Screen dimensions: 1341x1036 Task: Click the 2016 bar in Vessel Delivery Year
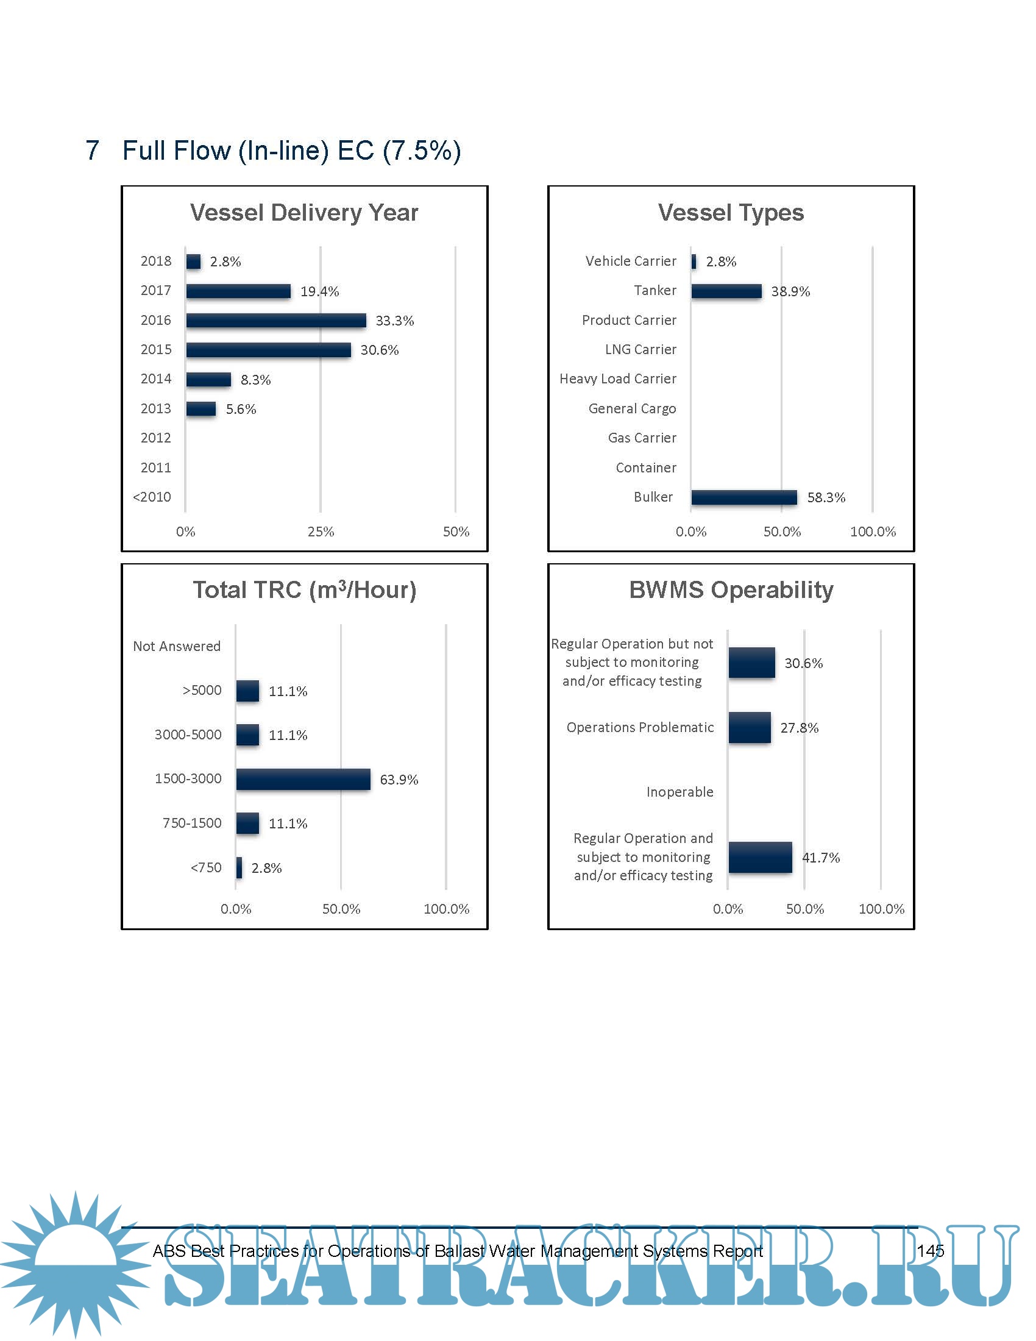(x=276, y=321)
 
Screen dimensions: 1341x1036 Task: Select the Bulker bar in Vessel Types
(x=744, y=497)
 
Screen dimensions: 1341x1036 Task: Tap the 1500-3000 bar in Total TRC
(x=303, y=779)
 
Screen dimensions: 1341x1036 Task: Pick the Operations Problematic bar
(x=750, y=728)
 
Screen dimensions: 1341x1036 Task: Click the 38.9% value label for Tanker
(x=790, y=291)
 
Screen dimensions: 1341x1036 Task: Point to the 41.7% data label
(x=821, y=858)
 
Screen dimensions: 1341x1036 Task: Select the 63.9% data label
(x=399, y=780)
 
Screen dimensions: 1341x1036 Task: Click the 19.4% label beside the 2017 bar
(x=319, y=291)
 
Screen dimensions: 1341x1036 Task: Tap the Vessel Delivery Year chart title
(x=304, y=213)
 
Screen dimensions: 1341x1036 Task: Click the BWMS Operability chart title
(x=731, y=590)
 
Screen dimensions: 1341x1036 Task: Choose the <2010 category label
(x=152, y=497)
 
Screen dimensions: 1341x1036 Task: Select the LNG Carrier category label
(x=640, y=349)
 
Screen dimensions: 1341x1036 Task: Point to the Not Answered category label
(x=177, y=646)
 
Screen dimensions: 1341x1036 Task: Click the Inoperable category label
(x=679, y=792)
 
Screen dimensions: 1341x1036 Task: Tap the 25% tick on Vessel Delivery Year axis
(x=321, y=532)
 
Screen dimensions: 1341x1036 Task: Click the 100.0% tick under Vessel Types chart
(x=872, y=532)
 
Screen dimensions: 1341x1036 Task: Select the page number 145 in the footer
(x=930, y=1251)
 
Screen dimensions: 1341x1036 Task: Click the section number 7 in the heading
(x=92, y=151)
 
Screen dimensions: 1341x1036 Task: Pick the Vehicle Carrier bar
(x=694, y=261)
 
